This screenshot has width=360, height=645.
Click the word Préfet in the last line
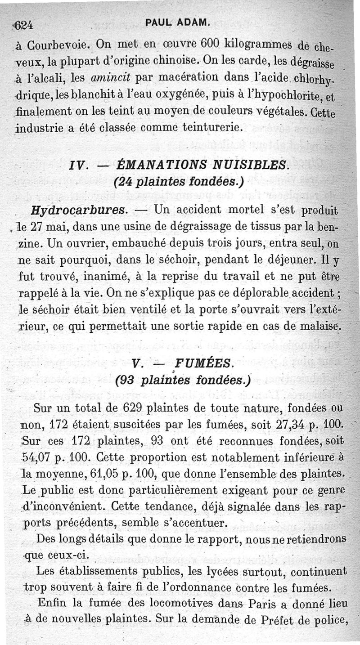coord(281,620)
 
